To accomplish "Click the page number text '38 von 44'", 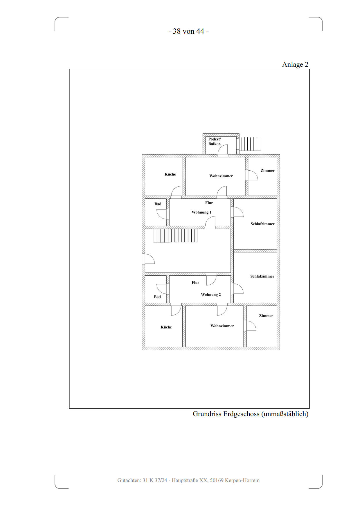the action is (188, 31).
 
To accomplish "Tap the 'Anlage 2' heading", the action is (295, 64).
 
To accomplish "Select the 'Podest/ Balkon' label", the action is (215, 141).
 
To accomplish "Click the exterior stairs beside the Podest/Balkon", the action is (250, 144).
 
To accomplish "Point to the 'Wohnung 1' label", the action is (201, 212).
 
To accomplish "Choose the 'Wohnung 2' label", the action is (211, 295).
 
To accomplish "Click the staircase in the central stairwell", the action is (175, 236).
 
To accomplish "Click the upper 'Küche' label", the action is (170, 174).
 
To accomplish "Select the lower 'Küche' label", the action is (166, 327).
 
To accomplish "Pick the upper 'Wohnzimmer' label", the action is (221, 176).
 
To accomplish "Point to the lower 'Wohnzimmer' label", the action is (222, 326).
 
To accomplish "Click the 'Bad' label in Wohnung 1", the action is (158, 204).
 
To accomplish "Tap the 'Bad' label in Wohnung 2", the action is (157, 297).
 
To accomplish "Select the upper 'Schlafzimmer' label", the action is (262, 224).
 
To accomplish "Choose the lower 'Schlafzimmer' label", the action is (262, 276).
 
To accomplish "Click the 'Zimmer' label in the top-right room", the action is (267, 171).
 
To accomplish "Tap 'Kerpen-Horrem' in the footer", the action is (242, 480).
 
